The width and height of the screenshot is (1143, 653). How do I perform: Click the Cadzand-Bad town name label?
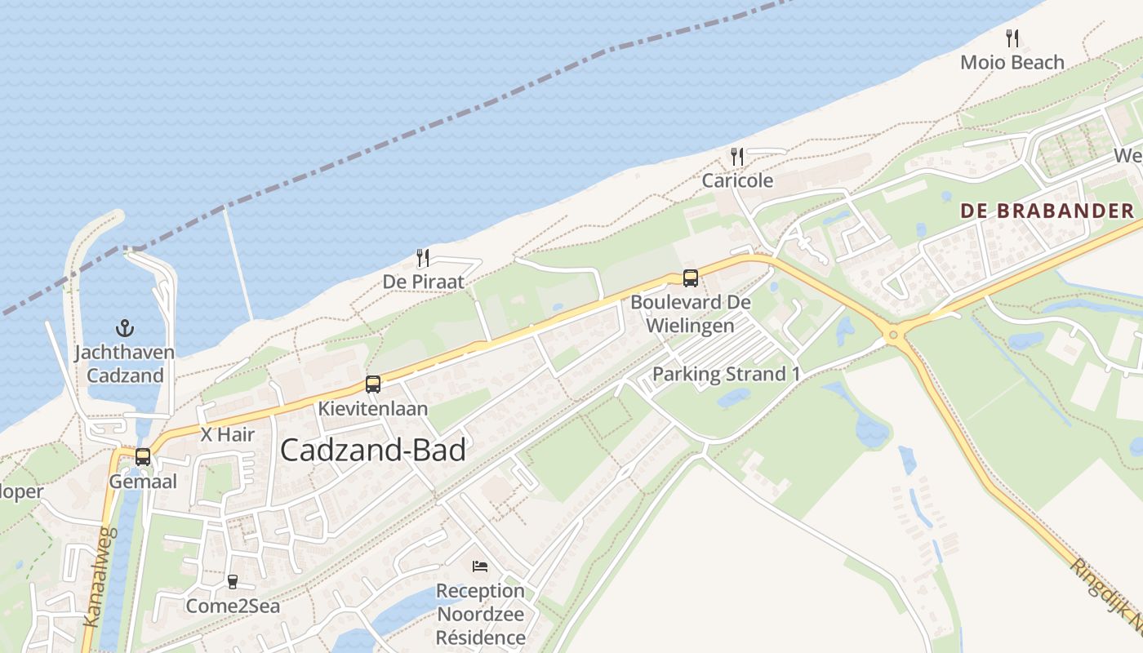click(x=373, y=450)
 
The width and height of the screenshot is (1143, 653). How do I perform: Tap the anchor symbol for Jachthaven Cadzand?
click(x=125, y=329)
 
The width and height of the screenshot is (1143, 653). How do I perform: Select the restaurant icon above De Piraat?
click(x=423, y=258)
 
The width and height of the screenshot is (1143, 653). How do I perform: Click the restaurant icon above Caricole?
click(x=737, y=157)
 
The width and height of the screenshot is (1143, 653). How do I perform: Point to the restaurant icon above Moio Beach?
click(x=1012, y=38)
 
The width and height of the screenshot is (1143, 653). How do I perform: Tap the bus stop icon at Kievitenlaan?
click(x=373, y=384)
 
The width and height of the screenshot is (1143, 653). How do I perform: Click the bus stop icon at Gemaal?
click(x=143, y=457)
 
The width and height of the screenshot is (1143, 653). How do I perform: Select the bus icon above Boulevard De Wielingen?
click(x=690, y=278)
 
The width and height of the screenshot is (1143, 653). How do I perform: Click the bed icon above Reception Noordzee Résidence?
click(x=480, y=566)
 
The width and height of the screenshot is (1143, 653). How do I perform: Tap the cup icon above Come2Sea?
click(x=233, y=581)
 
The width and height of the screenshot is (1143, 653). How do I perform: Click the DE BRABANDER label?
click(x=1047, y=211)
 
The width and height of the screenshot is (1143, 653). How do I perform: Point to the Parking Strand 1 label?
click(x=726, y=374)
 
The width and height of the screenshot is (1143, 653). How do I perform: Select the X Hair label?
click(x=228, y=435)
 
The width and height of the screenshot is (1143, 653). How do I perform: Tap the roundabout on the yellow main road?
click(x=893, y=333)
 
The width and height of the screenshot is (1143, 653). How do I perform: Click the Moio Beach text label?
click(x=1012, y=62)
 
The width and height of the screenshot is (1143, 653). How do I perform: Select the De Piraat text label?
click(x=424, y=282)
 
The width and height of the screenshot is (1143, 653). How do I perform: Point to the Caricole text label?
click(x=737, y=180)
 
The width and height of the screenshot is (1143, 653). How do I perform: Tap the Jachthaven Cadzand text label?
click(x=125, y=364)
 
